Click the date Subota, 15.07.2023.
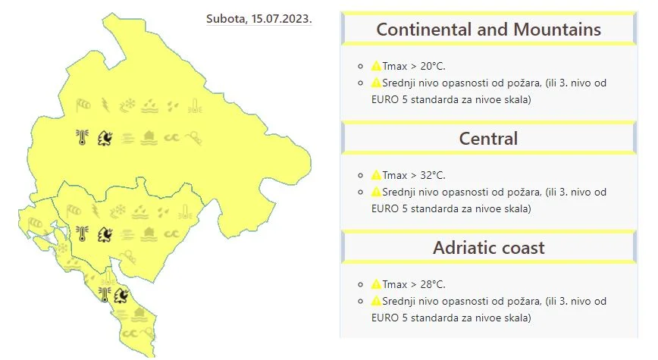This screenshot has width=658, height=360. [x=259, y=19]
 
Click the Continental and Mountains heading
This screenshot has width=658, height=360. [x=488, y=30]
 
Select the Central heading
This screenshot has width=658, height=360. [x=488, y=139]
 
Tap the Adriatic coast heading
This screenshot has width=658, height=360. [x=488, y=248]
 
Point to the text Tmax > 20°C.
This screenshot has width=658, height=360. [x=414, y=66]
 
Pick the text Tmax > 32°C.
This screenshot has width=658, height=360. [x=414, y=175]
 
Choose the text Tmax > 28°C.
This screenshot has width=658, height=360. [x=414, y=284]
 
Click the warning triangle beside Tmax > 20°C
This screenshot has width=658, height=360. [x=376, y=66]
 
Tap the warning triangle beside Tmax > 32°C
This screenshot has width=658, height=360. [x=376, y=175]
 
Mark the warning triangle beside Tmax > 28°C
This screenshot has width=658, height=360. [x=376, y=284]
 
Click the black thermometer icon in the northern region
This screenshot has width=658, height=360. [x=82, y=137]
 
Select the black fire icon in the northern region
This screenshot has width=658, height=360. [x=105, y=138]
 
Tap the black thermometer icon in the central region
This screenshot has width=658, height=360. [x=82, y=233]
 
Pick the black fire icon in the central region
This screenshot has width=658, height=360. [x=105, y=234]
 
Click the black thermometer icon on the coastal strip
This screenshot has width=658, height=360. [x=105, y=295]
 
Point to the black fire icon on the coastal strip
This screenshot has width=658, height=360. [x=121, y=295]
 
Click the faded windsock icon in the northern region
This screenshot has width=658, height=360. [x=83, y=105]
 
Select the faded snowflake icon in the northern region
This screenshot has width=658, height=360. [x=127, y=105]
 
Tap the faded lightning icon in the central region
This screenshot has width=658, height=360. [x=96, y=211]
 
